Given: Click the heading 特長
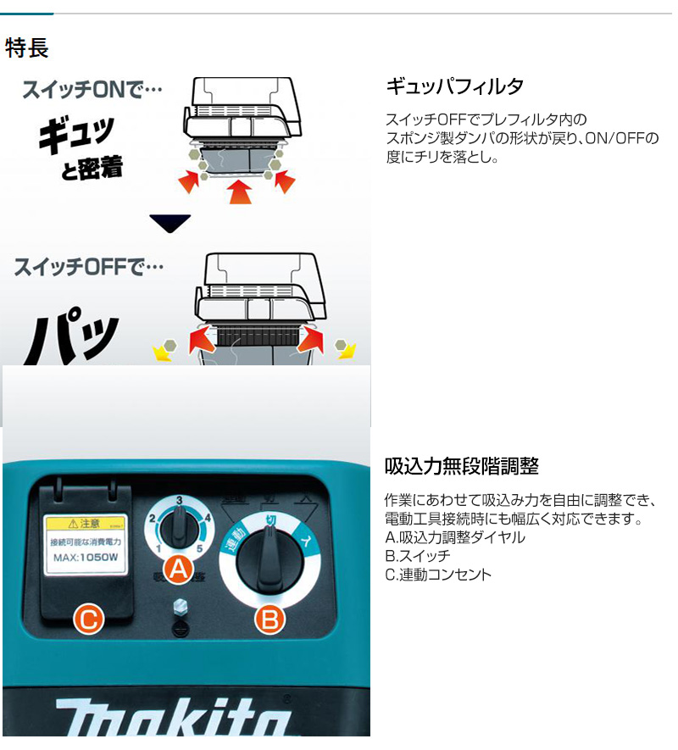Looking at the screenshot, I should point(27,47).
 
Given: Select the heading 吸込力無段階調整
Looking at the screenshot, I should point(461,466).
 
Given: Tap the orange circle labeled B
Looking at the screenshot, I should point(270,621).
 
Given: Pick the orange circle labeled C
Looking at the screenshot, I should point(87,621).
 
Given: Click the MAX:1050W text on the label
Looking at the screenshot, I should point(86,557).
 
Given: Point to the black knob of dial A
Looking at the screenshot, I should point(180,532).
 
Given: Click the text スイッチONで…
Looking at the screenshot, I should point(92,89).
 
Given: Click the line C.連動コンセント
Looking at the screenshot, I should point(437,575).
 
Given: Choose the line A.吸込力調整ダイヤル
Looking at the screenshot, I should point(454,537).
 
